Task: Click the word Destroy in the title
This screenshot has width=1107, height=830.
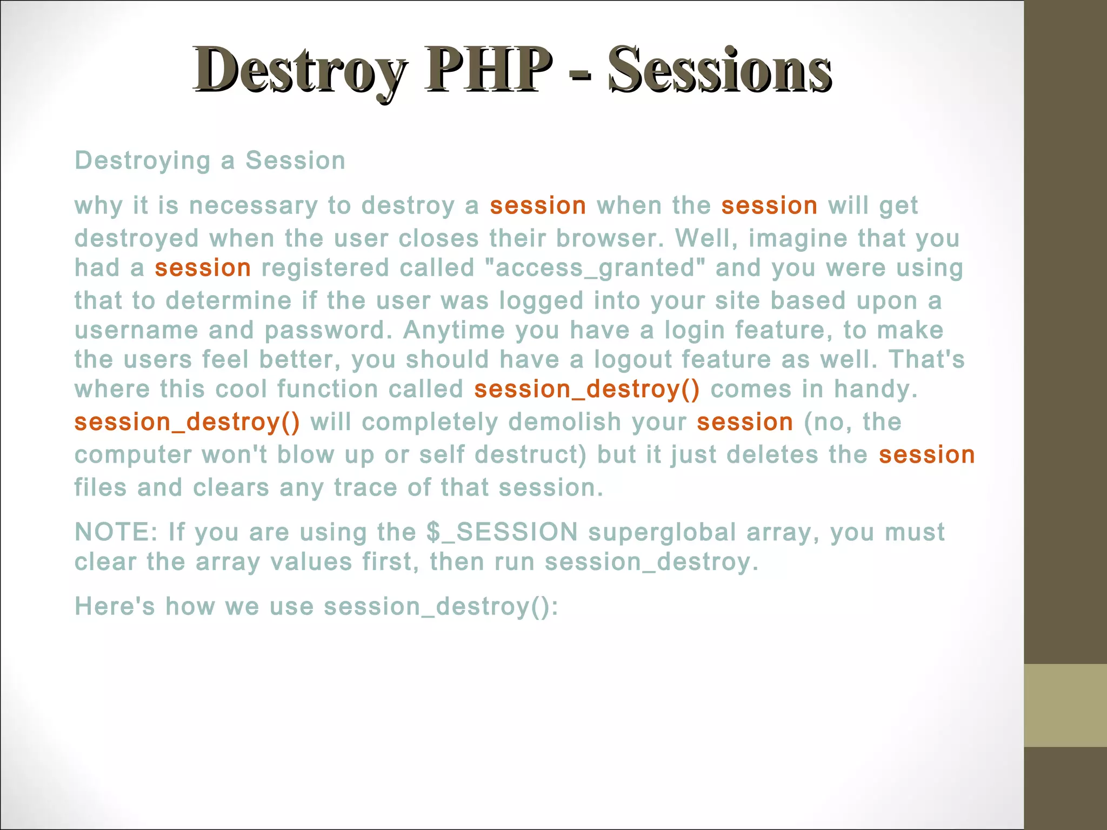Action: (x=300, y=70)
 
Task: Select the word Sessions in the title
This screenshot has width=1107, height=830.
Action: (x=719, y=70)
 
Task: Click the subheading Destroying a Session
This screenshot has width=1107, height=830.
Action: (x=210, y=160)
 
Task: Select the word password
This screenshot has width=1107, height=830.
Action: (x=327, y=330)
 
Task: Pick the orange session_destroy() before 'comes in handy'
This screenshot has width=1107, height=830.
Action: (x=586, y=389)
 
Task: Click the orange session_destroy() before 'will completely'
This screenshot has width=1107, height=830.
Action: (x=187, y=422)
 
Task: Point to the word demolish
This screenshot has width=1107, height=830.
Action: (x=565, y=422)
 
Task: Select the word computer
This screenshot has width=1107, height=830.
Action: (x=133, y=455)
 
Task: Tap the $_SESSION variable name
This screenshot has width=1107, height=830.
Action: (x=502, y=532)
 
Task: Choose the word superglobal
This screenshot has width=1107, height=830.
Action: (x=662, y=532)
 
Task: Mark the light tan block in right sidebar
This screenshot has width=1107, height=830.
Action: (x=1065, y=705)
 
